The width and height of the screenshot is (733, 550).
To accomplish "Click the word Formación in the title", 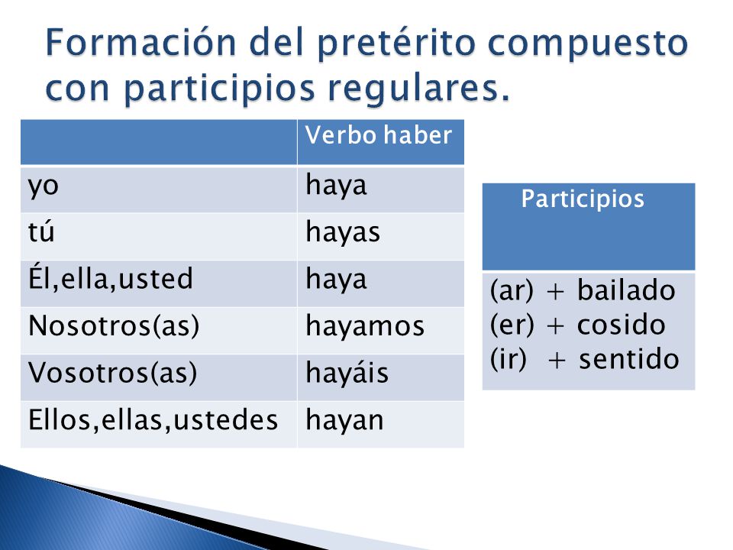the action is point(140,43).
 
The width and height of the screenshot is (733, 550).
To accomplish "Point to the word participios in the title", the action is point(219,89).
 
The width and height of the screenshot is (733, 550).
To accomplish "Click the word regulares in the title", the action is point(412,89).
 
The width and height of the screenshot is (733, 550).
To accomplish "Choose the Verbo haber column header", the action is point(379,135).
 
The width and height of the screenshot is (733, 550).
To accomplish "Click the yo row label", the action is point(44,187).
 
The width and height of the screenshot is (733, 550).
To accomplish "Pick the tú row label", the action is point(41,231).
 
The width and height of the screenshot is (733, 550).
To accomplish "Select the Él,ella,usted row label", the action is point(110,278).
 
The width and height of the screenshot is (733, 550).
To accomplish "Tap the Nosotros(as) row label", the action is point(114,326).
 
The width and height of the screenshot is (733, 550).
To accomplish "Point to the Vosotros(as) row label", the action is point(113,373).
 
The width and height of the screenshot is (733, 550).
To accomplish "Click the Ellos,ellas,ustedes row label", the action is point(153,419).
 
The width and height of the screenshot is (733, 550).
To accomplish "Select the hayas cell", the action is point(343,232).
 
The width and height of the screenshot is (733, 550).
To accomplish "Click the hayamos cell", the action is point(365,326).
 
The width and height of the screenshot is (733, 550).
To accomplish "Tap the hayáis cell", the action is point(347,373).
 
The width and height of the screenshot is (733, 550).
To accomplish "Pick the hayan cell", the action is point(344,420).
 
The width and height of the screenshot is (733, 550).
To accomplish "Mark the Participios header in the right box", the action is point(583,199).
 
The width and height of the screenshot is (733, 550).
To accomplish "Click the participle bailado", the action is point(626,290).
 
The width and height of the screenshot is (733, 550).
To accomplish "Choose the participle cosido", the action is point(622,325).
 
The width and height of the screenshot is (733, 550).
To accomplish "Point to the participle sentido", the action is point(628,359).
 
